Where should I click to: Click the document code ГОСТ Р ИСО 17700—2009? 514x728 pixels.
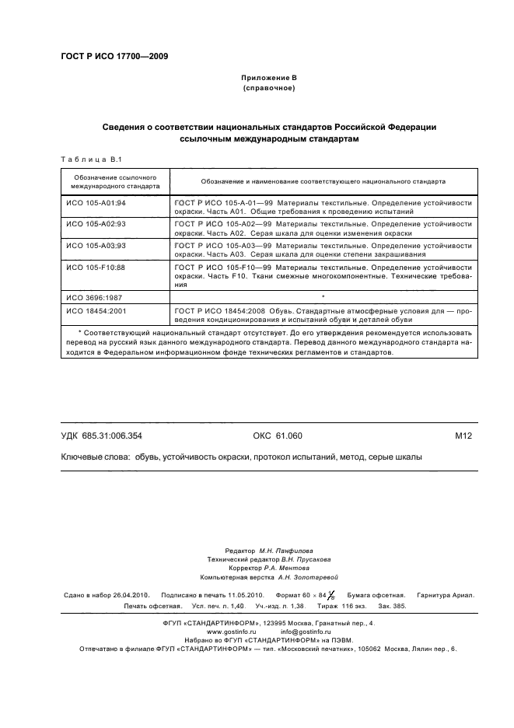(x=114, y=56)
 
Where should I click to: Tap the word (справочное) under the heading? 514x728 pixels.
(x=268, y=89)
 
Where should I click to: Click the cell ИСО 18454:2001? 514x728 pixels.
(x=96, y=310)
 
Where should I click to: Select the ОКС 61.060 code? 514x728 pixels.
(x=277, y=436)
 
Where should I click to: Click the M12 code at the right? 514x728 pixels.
(x=463, y=436)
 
